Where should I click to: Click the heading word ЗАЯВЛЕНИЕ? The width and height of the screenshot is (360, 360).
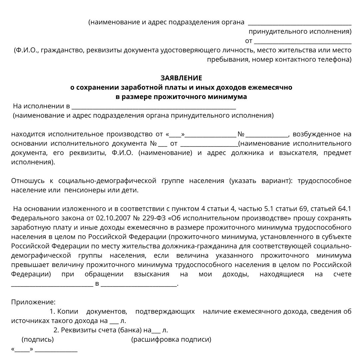[181, 78]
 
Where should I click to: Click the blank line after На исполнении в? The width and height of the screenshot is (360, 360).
[154, 107]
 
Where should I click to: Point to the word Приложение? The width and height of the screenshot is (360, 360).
[33, 302]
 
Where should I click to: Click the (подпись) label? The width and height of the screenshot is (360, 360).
[37, 340]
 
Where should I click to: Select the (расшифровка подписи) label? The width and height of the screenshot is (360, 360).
[171, 340]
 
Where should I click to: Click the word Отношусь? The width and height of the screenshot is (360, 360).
[28, 181]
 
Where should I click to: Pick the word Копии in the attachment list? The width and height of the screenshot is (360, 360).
[68, 312]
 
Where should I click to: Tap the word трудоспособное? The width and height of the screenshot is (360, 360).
[324, 181]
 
